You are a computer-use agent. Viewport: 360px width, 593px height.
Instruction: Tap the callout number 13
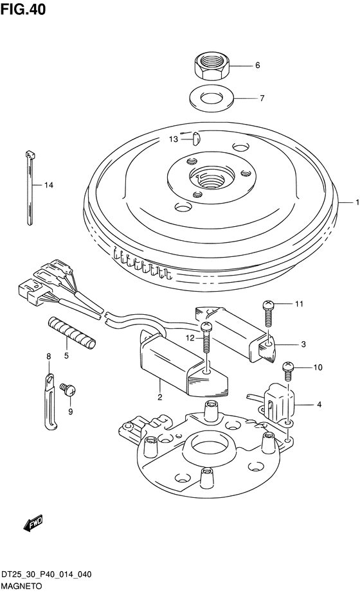click(174, 140)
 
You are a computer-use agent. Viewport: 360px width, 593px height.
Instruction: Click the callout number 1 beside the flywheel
click(357, 203)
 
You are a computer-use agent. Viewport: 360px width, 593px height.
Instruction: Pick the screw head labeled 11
click(268, 304)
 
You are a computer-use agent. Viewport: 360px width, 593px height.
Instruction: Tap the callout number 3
click(303, 344)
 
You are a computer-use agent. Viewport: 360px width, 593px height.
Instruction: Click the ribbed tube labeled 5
click(71, 333)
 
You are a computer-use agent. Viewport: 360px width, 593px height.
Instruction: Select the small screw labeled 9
click(68, 389)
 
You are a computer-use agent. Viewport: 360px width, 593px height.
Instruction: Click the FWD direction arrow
click(33, 524)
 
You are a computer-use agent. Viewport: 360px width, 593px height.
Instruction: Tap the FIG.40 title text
click(23, 9)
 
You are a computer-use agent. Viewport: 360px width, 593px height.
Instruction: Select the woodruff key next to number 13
click(197, 138)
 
